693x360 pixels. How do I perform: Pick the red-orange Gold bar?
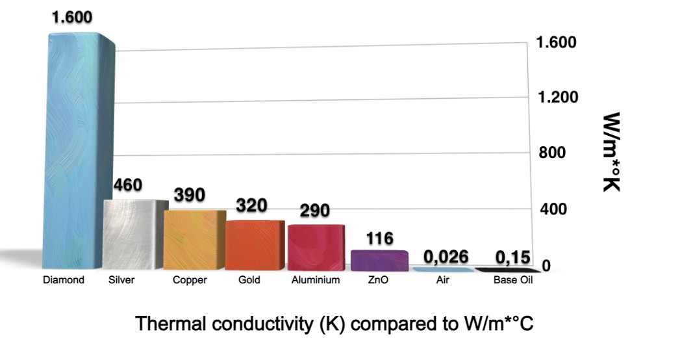(253, 244)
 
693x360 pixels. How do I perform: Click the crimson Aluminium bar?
(314, 246)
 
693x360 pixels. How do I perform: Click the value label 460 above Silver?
(127, 185)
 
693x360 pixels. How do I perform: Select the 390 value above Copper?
(190, 194)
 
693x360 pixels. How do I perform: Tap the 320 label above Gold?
(252, 205)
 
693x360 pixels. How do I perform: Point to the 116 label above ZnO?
(380, 238)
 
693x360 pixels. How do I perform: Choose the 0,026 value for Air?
(446, 257)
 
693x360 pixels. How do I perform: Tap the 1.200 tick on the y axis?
(557, 97)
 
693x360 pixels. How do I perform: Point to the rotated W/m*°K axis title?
(610, 152)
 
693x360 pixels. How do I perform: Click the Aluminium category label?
(315, 280)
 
